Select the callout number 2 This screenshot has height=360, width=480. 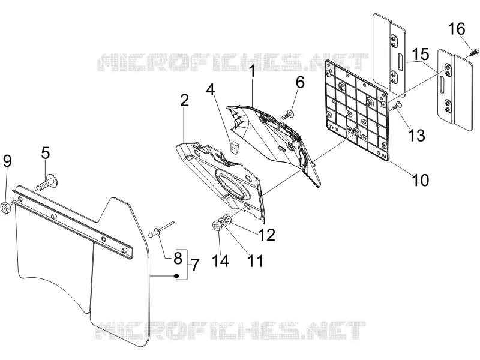184,100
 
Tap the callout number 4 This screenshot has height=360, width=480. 211,90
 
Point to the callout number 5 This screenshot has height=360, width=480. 46,153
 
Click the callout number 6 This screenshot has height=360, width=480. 300,82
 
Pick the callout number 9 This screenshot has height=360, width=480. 7,161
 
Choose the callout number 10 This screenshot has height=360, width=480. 421,180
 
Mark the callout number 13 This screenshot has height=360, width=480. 416,136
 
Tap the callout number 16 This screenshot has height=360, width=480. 457,29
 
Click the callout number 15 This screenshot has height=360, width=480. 420,54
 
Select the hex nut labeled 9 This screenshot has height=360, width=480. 5,208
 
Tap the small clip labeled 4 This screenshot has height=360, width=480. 234,148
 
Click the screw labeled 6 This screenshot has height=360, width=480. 288,115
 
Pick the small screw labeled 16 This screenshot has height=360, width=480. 473,52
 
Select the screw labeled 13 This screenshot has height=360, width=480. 397,106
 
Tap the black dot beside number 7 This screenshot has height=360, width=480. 176,276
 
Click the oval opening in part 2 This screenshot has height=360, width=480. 233,185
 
